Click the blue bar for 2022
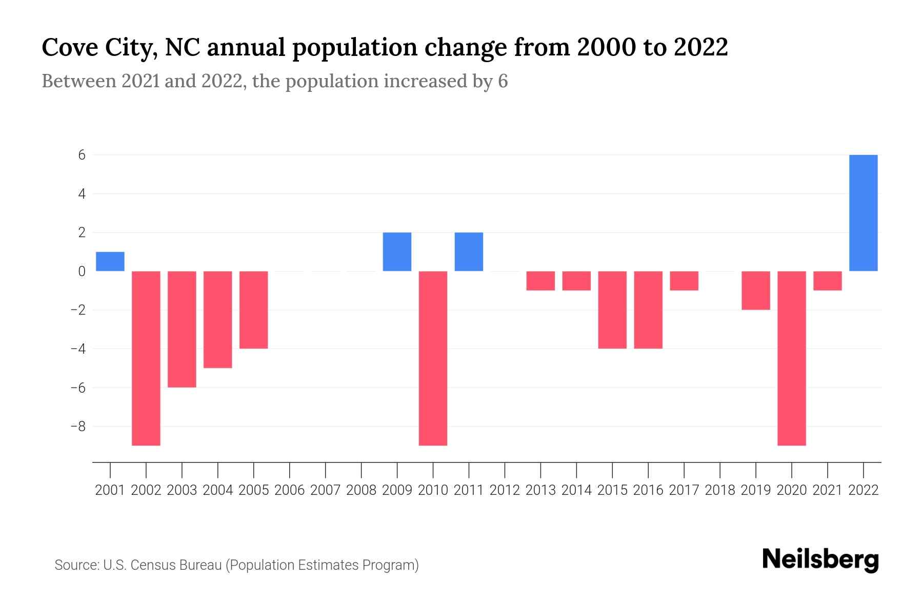click(x=864, y=213)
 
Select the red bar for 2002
click(x=146, y=358)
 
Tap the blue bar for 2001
click(x=110, y=261)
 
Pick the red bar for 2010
click(x=433, y=358)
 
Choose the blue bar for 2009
click(x=397, y=252)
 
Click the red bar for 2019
click(x=756, y=290)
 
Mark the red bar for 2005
click(x=254, y=310)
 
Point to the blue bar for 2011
click(x=469, y=252)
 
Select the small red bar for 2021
click(x=828, y=281)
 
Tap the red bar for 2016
click(x=648, y=310)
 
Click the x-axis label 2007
click(x=326, y=490)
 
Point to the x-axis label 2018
click(x=720, y=490)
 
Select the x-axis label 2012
click(x=505, y=490)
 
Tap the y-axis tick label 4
click(x=82, y=194)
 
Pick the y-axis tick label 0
click(x=82, y=271)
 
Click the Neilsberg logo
click(x=820, y=560)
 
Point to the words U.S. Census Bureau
click(x=162, y=565)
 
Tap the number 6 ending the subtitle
click(x=503, y=81)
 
